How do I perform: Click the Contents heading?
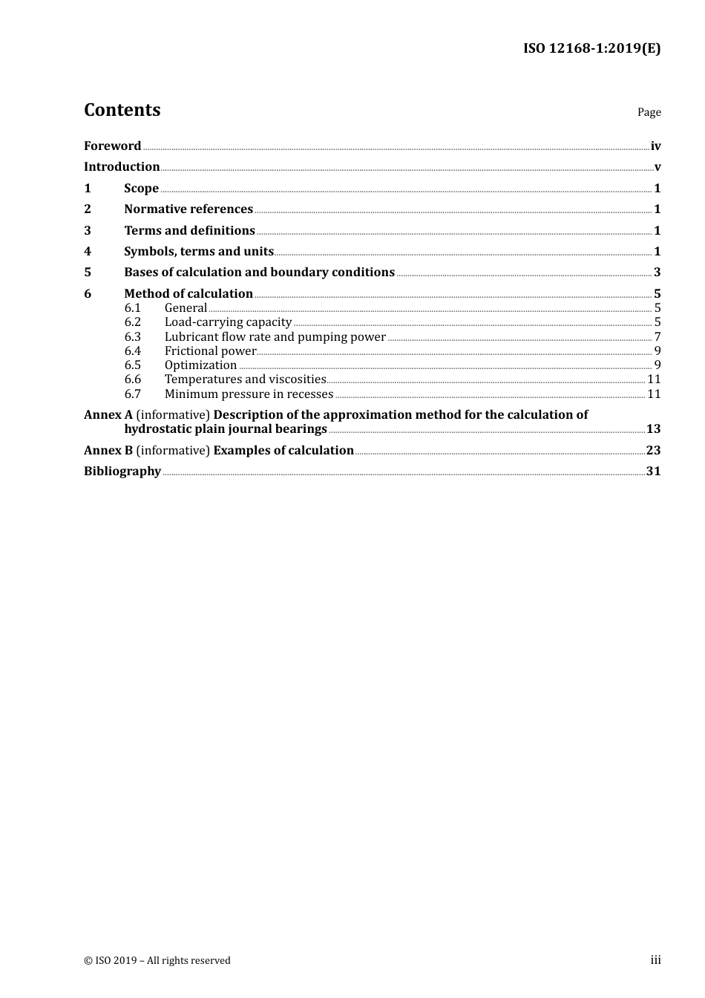pyautogui.click(x=122, y=110)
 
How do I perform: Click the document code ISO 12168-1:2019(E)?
pyautogui.click(x=591, y=48)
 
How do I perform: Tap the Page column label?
pyautogui.click(x=649, y=112)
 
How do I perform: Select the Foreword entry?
pyautogui.click(x=112, y=146)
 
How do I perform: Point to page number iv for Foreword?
pyautogui.click(x=655, y=146)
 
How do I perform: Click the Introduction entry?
pyautogui.click(x=122, y=166)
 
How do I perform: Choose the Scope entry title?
pyautogui.click(x=141, y=188)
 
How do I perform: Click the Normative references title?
pyautogui.click(x=188, y=209)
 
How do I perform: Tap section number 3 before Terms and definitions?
pyautogui.click(x=88, y=230)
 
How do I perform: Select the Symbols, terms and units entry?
pyautogui.click(x=199, y=251)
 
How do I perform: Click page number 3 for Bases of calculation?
pyautogui.click(x=657, y=272)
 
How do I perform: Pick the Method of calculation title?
pyautogui.click(x=188, y=293)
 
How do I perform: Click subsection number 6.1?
pyautogui.click(x=132, y=307)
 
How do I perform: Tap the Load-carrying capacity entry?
pyautogui.click(x=228, y=322)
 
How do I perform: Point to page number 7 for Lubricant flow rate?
pyautogui.click(x=657, y=336)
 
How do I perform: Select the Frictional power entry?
pyautogui.click(x=210, y=350)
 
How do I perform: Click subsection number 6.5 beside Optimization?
pyautogui.click(x=132, y=365)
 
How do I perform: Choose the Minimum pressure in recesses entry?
pyautogui.click(x=249, y=394)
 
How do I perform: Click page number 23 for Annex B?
pyautogui.click(x=653, y=450)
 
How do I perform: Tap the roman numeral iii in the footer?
pyautogui.click(x=655, y=960)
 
